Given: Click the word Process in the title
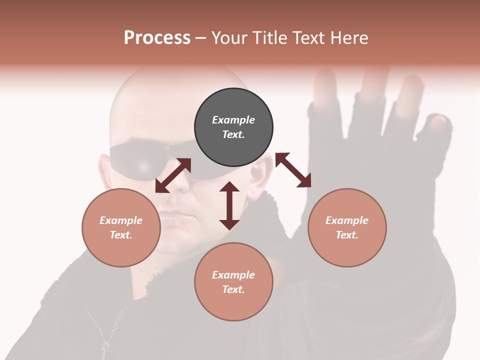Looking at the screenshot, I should click(157, 38).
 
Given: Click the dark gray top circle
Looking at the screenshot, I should click(233, 127).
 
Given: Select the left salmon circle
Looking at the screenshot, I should click(121, 227).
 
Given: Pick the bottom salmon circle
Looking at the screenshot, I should click(233, 281).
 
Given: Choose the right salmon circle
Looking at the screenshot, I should click(347, 227).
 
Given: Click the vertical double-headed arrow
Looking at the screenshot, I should click(229, 205).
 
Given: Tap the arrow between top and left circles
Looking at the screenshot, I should click(173, 175).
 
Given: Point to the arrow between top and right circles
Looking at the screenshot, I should click(293, 170).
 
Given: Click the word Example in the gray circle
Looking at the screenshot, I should click(233, 120).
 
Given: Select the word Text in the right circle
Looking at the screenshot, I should click(346, 235).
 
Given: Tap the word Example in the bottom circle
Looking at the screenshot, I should click(233, 275).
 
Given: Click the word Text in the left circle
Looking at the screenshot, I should click(120, 235).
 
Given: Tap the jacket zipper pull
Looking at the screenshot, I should click(105, 346).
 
